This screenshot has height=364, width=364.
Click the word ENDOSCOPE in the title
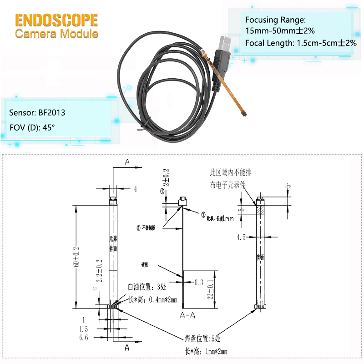(56, 20)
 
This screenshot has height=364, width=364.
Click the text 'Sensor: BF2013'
(37, 112)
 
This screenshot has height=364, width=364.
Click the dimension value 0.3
(198, 283)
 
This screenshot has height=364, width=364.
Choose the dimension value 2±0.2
(167, 177)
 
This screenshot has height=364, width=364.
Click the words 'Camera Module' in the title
(56, 34)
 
